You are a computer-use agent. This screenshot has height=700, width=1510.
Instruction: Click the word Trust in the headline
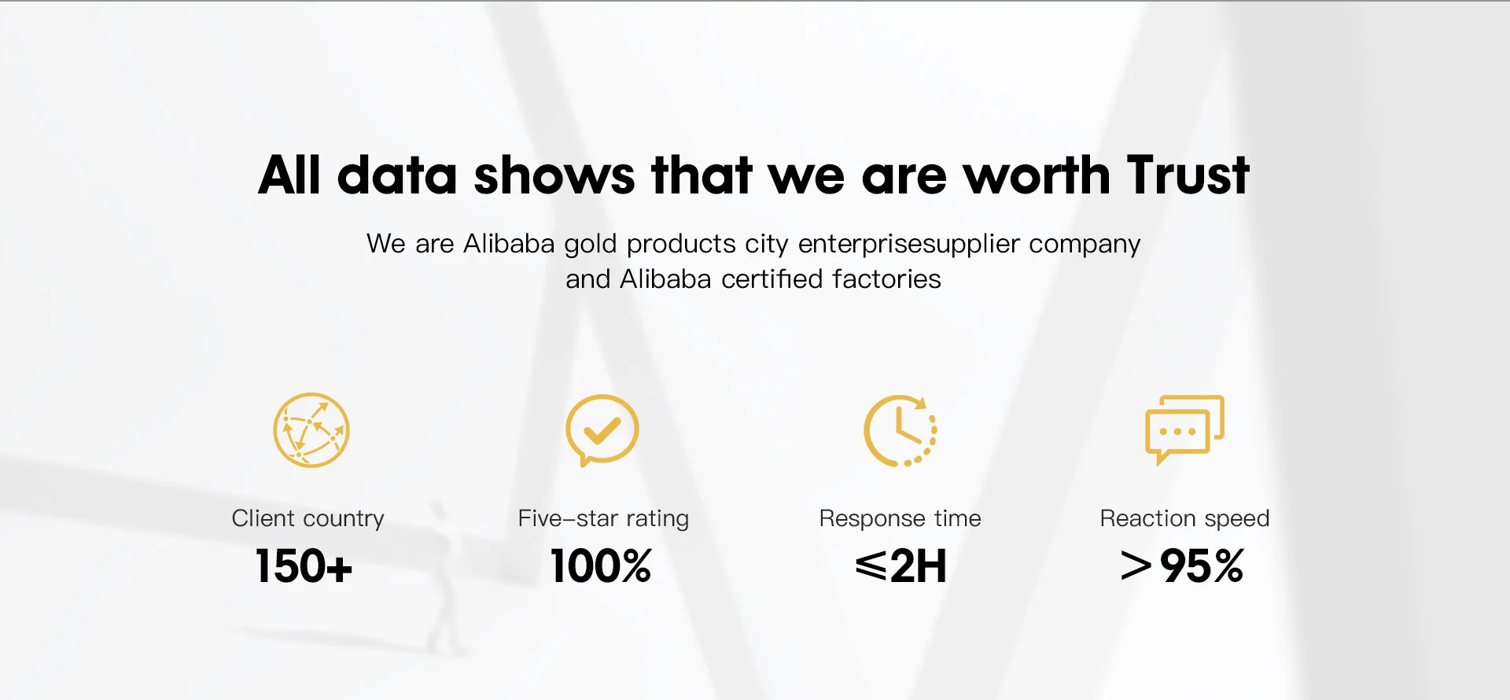coord(1188,174)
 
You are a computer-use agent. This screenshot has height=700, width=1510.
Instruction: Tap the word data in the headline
coord(397,174)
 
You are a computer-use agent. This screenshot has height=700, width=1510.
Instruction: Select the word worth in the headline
coord(1037,174)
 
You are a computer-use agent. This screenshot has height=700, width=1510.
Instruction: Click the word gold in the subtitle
coord(591,245)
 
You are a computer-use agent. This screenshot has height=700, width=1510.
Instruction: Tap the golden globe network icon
coord(311,430)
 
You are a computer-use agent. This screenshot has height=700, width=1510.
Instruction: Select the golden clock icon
coord(900,430)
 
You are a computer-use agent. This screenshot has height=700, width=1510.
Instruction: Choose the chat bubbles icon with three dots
coord(1184,429)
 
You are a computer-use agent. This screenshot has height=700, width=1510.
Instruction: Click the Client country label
coord(308,518)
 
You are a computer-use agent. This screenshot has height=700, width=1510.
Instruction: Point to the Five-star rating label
coord(603,518)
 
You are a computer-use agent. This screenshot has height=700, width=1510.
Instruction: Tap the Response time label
coord(900,518)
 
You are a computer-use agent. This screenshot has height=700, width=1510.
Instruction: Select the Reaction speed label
coord(1184,518)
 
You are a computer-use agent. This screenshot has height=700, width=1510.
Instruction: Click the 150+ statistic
coord(304,566)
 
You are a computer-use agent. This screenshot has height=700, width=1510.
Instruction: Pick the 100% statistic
coord(602,566)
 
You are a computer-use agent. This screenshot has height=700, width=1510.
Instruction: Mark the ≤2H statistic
coord(901,566)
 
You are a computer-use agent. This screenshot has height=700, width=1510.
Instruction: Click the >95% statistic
coord(1182,566)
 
